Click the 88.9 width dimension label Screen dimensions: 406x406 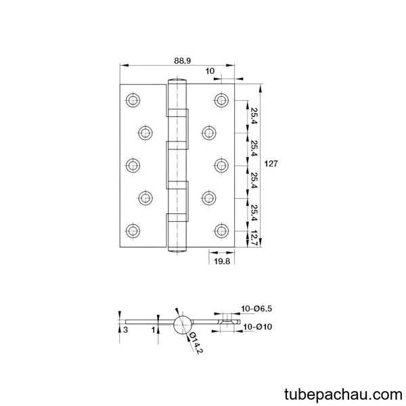tap(182, 61)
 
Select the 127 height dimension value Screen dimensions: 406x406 tap(271, 164)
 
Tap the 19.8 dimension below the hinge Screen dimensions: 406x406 tap(222, 261)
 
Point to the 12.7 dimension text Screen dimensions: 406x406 tap(253, 238)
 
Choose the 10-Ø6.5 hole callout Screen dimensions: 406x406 tap(256, 309)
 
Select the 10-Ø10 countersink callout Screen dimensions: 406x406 tap(258, 327)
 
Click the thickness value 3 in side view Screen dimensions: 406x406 tap(126, 330)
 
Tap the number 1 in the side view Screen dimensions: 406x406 tap(154, 330)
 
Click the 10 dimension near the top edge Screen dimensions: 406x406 tap(210, 71)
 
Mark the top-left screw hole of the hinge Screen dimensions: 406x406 tap(133, 100)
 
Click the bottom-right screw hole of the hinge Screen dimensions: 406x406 tap(222, 231)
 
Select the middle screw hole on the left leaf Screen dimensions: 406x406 tap(133, 166)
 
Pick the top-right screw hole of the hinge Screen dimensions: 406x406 tap(222, 100)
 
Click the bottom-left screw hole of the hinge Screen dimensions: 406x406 tap(133, 231)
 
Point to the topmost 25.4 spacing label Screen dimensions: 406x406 tap(253, 116)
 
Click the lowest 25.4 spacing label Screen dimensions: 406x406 tap(253, 213)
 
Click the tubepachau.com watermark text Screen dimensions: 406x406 tap(343, 394)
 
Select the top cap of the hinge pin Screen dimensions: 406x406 tap(177, 80)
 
